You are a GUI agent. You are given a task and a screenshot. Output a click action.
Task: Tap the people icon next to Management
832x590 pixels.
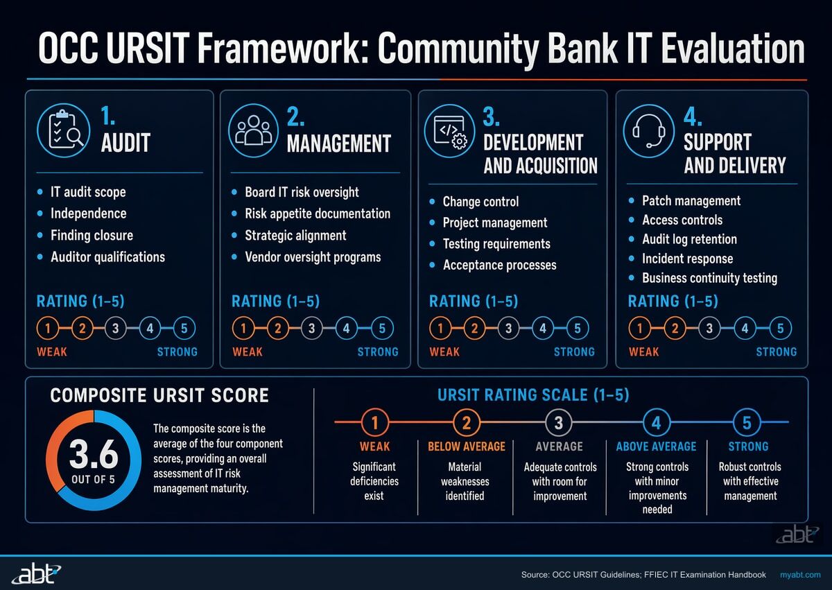[254, 130]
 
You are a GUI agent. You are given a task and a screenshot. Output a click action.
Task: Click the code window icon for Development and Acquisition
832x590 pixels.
[449, 130]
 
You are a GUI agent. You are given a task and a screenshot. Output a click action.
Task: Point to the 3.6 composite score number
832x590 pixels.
[94, 458]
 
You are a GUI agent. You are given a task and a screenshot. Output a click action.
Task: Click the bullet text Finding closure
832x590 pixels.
[92, 235]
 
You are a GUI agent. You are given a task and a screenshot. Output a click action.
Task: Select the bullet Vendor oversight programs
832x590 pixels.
[313, 257]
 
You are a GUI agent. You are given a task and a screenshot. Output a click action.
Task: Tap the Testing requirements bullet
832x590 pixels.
[496, 243]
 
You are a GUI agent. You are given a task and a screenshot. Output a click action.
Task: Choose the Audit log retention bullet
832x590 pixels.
[689, 239]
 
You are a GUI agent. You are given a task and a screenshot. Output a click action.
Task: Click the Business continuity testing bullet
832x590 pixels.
[709, 278]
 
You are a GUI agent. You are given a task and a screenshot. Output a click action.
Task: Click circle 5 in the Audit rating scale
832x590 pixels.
[184, 328]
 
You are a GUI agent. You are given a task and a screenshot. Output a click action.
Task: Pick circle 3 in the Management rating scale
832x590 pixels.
[312, 328]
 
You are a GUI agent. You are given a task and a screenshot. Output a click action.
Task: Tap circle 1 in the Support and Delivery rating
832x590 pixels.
[640, 328]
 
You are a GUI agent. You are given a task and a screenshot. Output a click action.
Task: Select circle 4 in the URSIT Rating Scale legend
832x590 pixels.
[656, 422]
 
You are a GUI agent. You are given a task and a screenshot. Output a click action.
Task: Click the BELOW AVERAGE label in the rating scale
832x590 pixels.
[467, 446]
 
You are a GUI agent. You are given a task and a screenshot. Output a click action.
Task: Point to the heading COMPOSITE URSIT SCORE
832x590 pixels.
[159, 396]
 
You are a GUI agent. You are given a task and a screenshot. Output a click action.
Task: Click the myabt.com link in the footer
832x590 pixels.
[800, 575]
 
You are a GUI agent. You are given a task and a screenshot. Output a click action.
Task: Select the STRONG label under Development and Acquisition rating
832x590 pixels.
[574, 352]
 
